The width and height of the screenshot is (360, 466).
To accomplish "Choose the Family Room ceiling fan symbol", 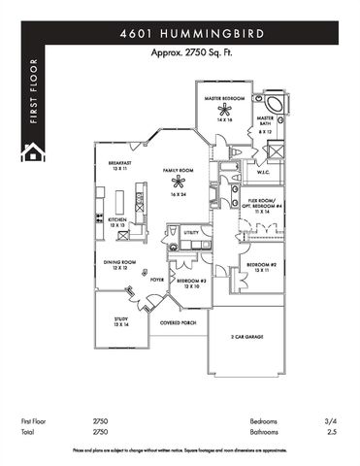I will point(178,181).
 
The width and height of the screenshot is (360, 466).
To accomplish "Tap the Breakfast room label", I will point(120,163).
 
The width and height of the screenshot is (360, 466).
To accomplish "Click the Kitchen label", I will point(118,220).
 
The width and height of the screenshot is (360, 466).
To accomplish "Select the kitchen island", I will point(122,202).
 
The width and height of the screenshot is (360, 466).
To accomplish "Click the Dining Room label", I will point(119,263).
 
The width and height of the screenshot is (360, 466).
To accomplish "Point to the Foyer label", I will point(155,278).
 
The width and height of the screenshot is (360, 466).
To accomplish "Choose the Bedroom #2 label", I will point(262,266).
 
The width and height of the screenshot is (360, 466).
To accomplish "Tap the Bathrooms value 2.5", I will point(332,431).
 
